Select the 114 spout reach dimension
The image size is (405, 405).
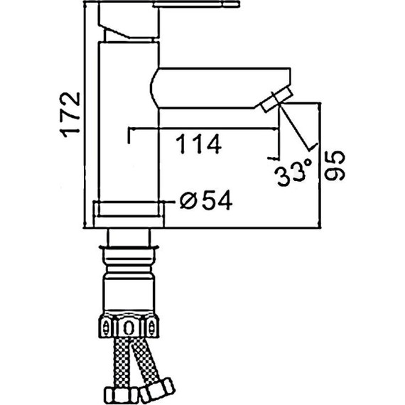pos(199,144)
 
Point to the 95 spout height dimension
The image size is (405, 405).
pos(335,166)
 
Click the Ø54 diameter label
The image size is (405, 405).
pos(206,200)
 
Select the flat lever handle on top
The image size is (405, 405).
pos(196,4)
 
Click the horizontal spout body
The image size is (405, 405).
pos(220,88)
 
